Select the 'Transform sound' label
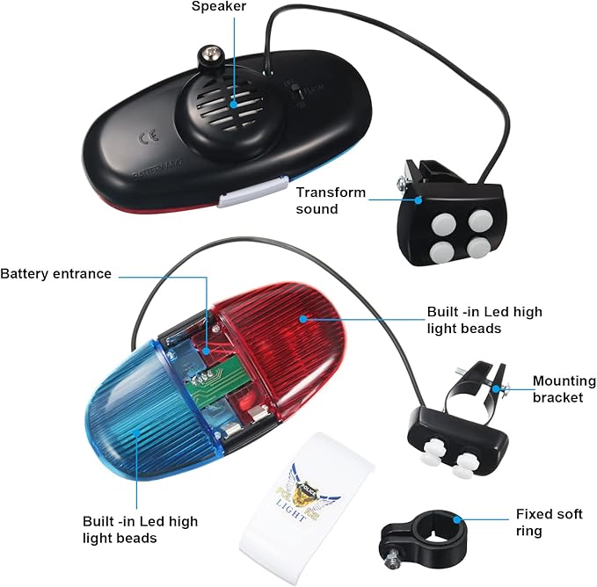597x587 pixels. (x=330, y=200)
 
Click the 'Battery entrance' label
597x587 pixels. (x=56, y=273)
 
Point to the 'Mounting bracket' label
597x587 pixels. (x=564, y=389)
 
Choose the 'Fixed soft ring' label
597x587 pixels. (x=545, y=522)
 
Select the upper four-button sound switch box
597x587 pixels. (x=448, y=219)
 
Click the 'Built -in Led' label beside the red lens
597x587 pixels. (x=484, y=320)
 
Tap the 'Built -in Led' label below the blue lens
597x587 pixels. (x=141, y=530)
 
